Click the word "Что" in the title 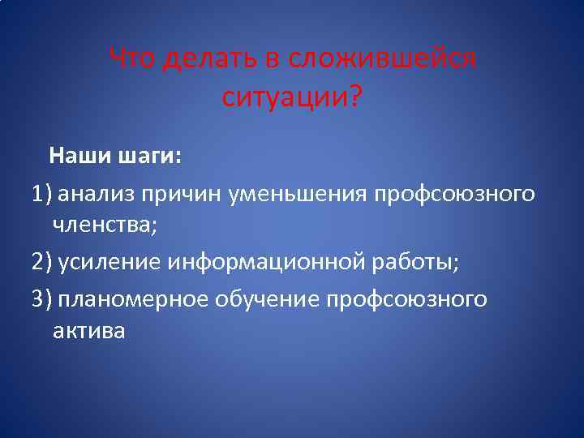(131, 58)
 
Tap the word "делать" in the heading (204, 58)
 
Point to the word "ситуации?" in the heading (292, 99)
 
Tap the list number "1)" (42, 195)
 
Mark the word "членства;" (105, 225)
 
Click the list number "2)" (42, 264)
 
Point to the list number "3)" (42, 299)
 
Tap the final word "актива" (88, 331)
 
